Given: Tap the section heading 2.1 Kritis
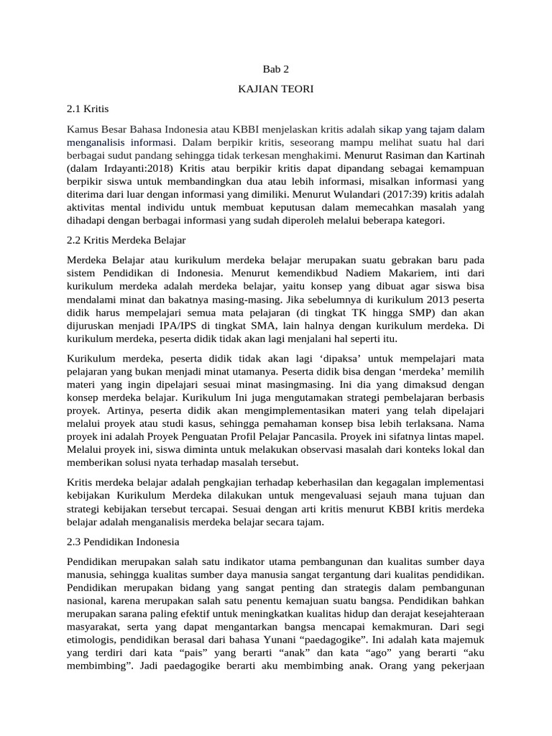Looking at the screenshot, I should coord(86,109).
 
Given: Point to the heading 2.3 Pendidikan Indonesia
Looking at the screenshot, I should coord(123,540).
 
